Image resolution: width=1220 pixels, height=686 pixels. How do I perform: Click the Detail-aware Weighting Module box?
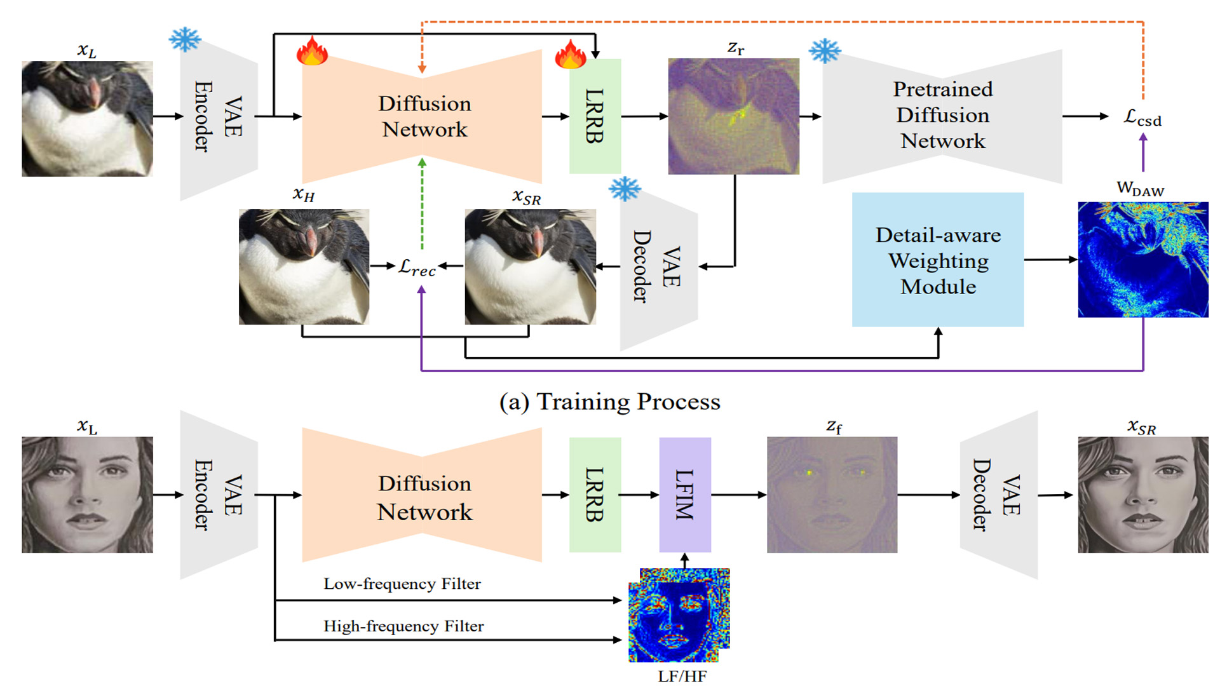937,260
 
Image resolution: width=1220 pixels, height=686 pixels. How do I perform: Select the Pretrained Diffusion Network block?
942,116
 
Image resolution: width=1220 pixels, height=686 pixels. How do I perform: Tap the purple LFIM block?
684,494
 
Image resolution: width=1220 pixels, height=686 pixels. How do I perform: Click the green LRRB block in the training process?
595,116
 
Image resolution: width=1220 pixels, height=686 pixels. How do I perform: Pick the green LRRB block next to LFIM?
595,494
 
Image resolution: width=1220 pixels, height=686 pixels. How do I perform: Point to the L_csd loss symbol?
1142,118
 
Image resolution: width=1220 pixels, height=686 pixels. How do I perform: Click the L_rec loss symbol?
417,267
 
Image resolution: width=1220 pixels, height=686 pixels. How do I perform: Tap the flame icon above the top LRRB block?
570,53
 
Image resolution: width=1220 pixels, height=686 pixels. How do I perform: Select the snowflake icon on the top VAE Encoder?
185,39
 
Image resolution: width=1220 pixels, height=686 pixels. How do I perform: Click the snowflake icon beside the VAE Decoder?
625,189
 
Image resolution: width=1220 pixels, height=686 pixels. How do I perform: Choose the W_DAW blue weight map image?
1142,259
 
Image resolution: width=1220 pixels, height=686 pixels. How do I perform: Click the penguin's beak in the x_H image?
311,239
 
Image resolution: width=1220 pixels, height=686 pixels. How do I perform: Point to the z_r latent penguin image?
733,116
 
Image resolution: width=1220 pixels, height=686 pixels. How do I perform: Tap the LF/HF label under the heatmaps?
682,676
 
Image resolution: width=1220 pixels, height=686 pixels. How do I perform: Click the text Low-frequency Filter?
402,584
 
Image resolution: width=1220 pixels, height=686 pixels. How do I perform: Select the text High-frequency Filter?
403,626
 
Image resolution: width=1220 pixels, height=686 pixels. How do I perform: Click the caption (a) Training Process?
609,401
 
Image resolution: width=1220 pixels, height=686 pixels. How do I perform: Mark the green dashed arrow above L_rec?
422,203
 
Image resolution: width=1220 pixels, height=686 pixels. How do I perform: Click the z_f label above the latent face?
833,426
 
